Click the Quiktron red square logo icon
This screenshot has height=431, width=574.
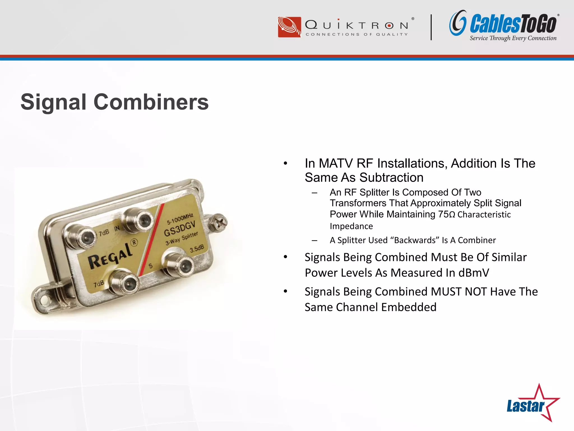tap(289, 27)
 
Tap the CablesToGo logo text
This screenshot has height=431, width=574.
tap(513, 24)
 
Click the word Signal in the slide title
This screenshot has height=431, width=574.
tap(54, 102)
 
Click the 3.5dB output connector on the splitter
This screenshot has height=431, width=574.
tap(181, 264)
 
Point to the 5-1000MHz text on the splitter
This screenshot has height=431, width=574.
tap(180, 219)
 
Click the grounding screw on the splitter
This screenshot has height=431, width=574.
tap(219, 223)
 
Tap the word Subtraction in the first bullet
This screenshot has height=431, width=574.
tap(391, 178)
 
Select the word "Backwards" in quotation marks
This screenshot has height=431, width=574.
tap(415, 240)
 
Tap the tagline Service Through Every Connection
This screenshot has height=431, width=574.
tap(513, 38)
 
